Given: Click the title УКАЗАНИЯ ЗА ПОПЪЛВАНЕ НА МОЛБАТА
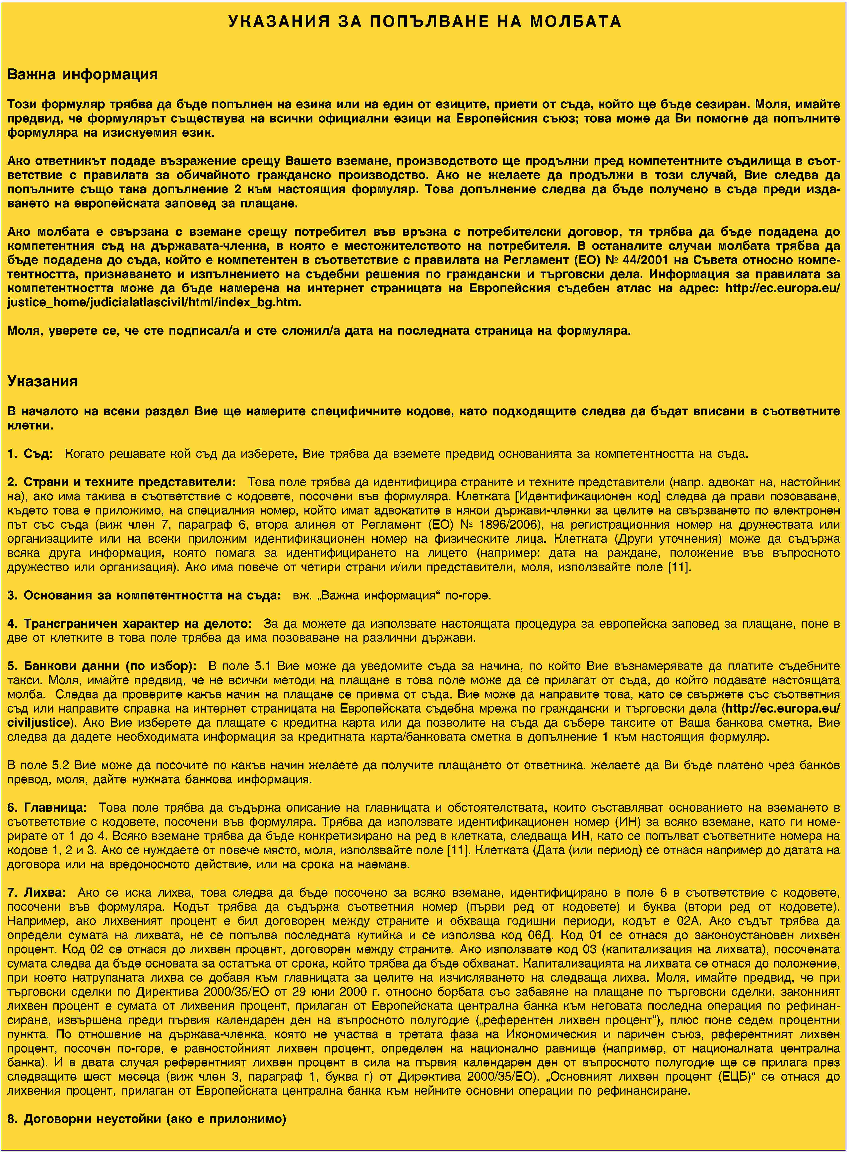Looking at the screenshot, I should [x=424, y=22].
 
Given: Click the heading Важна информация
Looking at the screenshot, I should [x=82, y=75].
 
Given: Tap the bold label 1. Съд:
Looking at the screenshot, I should [x=30, y=454].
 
